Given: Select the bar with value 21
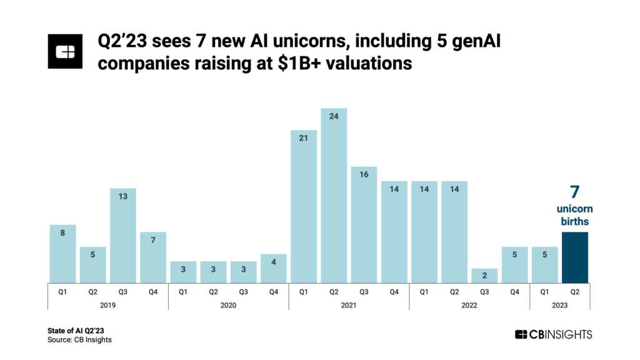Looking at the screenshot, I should (x=304, y=206).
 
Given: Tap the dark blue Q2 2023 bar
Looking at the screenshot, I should (x=575, y=257).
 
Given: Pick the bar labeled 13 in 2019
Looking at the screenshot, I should (x=123, y=235).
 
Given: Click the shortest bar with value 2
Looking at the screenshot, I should (x=485, y=275).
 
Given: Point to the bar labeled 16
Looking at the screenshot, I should (x=364, y=224).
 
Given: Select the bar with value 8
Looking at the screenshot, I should (x=62, y=253).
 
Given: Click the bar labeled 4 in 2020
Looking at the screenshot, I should (x=274, y=267).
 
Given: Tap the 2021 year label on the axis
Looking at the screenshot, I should (x=349, y=305).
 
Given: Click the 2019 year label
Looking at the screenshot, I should (x=108, y=305).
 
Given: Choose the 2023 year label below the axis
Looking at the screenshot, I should (x=559, y=305).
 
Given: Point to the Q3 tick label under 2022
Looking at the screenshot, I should (x=485, y=291).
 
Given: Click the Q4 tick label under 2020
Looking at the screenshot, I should (x=274, y=291).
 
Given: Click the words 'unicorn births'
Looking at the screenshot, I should (x=574, y=215).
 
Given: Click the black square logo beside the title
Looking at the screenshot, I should (x=66, y=51).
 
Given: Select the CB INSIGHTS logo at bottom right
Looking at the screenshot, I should (x=553, y=334).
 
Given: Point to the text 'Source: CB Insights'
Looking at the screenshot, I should (x=79, y=339).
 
